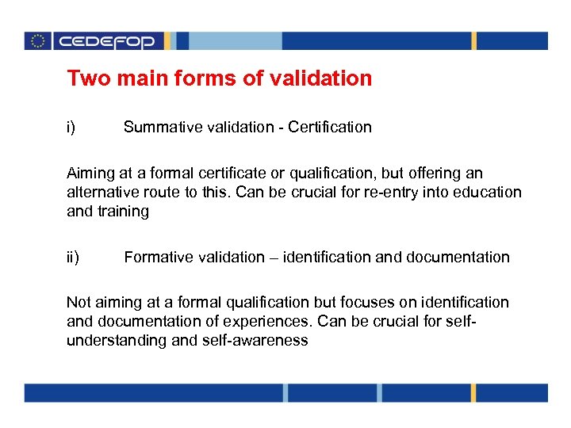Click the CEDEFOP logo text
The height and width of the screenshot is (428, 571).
[x=107, y=41]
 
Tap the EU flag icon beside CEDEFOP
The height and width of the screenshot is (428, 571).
[x=37, y=41]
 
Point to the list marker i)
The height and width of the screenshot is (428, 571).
[x=71, y=127]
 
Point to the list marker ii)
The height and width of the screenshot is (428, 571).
[x=73, y=257]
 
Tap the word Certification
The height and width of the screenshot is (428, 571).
[x=330, y=127]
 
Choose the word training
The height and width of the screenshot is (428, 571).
[x=122, y=211]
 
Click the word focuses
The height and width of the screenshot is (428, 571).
[x=366, y=302]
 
